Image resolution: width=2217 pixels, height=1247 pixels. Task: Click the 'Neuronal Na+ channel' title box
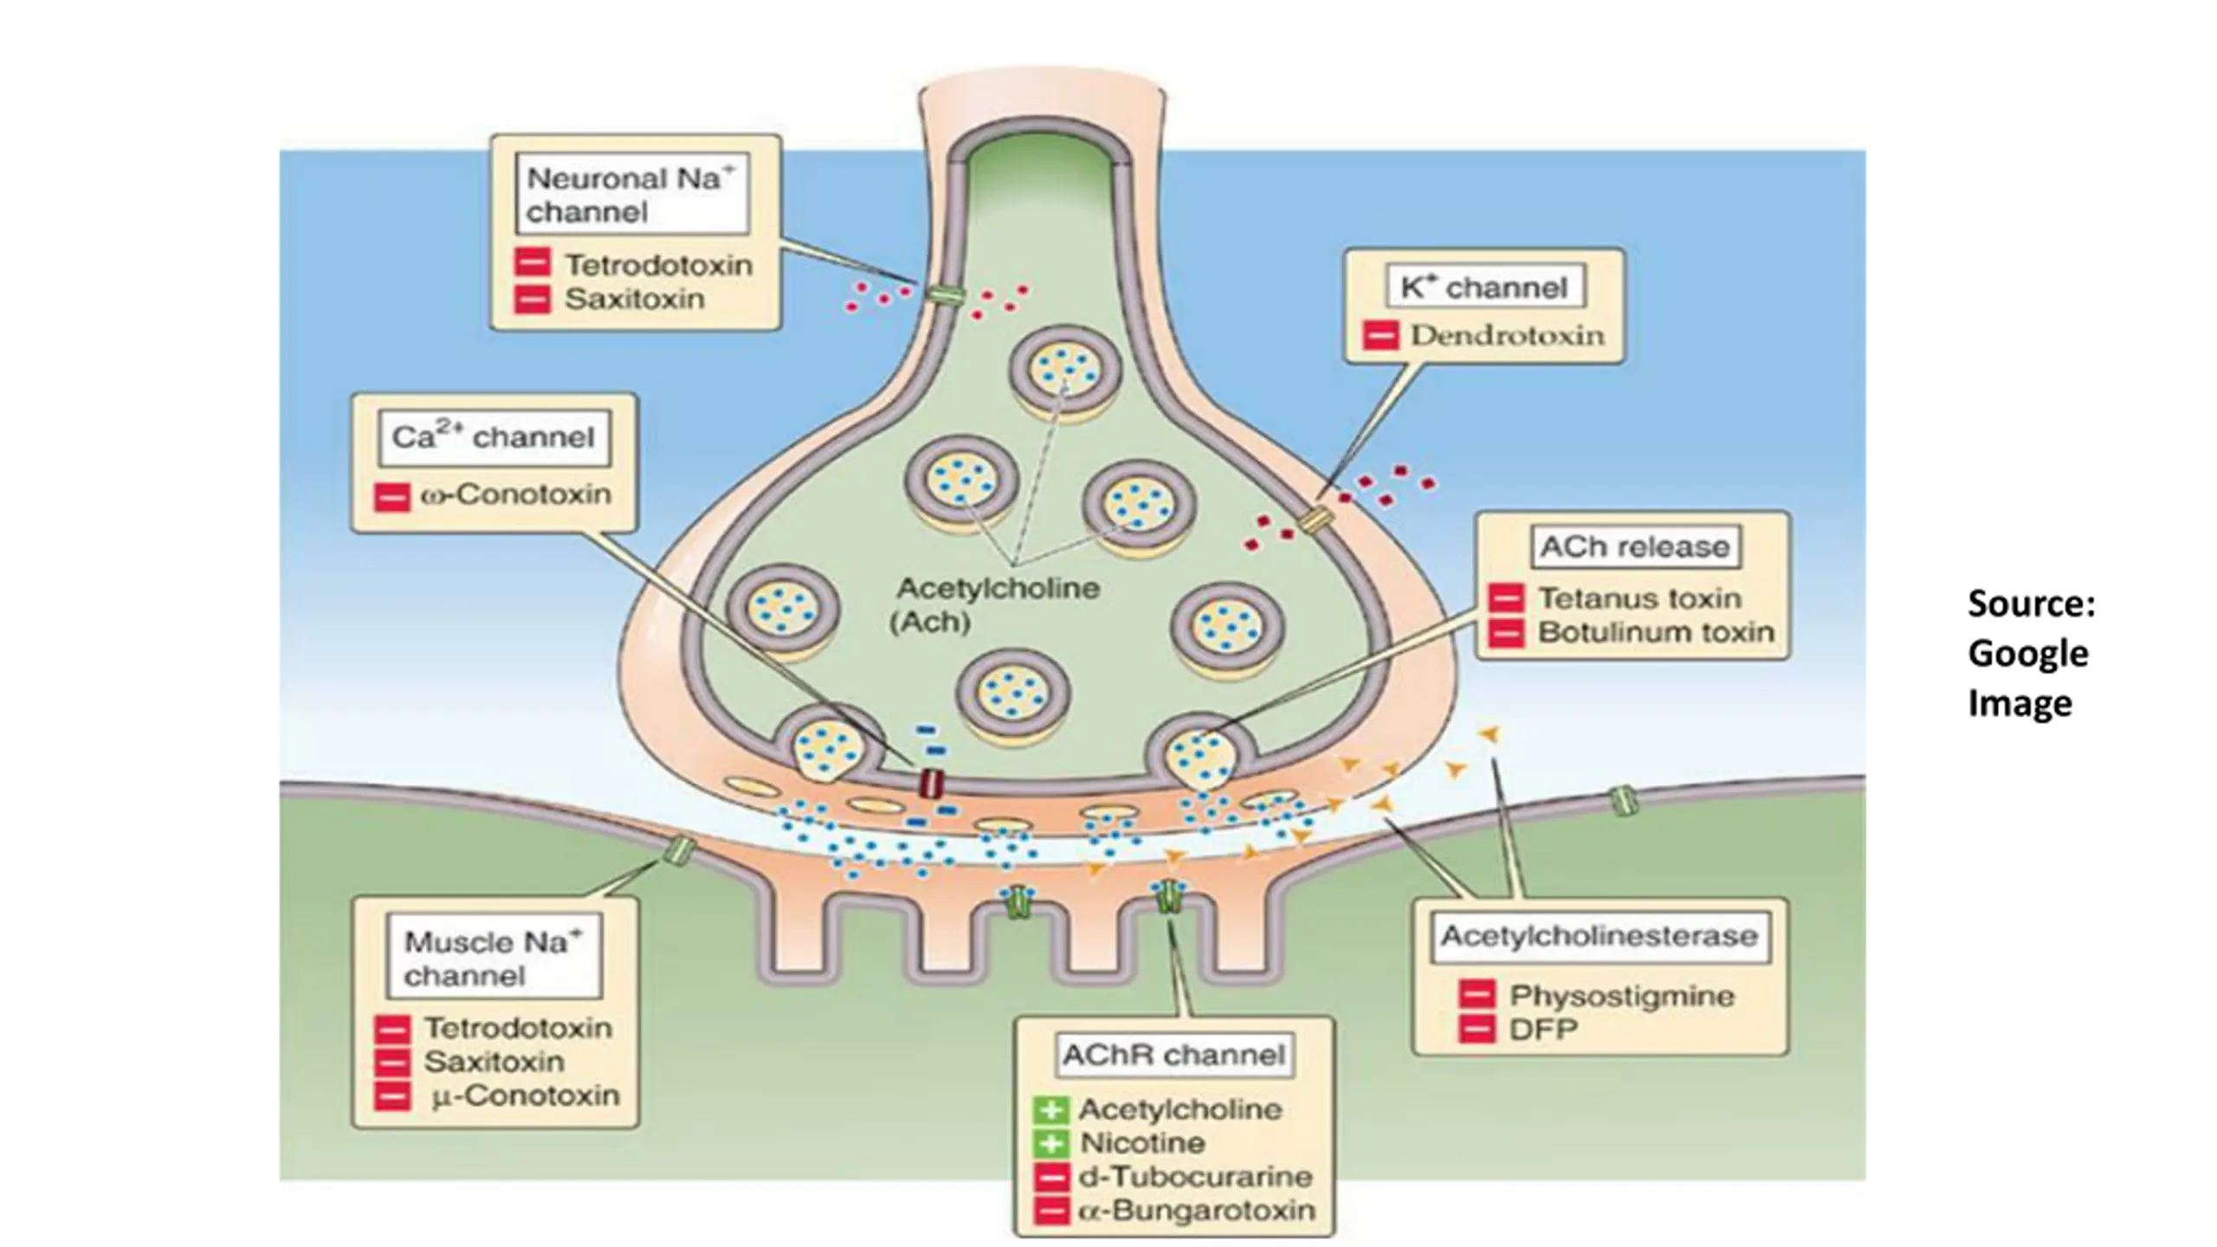632,194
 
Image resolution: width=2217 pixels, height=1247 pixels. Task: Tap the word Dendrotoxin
1507,335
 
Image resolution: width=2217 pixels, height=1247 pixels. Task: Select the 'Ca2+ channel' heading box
494,437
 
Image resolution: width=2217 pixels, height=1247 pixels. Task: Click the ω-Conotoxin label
516,495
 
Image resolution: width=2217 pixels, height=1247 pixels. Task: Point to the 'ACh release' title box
1635,547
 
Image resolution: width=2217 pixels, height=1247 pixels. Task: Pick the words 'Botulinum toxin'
1656,633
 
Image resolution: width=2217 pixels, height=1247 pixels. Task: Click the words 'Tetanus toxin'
1639,598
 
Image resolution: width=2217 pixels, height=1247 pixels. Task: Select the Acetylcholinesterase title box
1599,936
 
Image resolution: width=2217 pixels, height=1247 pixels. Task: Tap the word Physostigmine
1622,996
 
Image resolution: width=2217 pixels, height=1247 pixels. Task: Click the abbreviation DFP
1543,1030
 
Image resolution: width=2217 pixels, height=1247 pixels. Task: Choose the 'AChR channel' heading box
1173,1055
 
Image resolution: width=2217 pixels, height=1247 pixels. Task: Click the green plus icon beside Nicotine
1050,1143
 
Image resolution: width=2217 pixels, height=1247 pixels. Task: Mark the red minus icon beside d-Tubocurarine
1050,1177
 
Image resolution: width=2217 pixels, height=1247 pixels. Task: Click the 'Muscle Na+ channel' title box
494,958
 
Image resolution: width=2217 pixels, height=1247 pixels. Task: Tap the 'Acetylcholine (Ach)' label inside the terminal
996,604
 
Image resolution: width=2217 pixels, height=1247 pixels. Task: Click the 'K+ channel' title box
1484,288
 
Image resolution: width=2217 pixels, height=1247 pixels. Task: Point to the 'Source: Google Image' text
2031,653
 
